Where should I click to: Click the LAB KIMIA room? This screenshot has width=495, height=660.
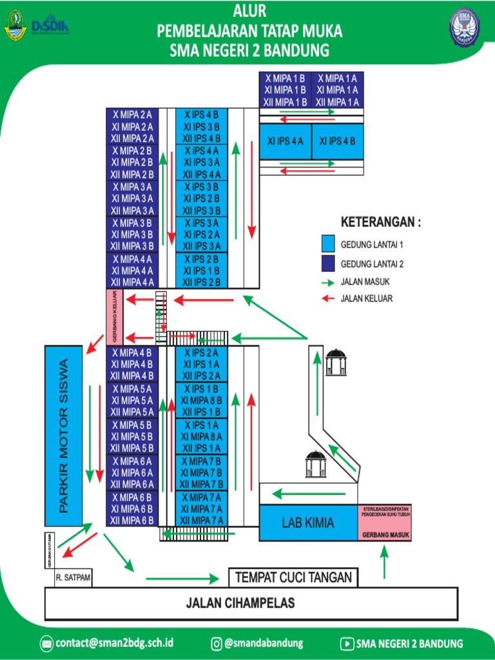tap(308, 523)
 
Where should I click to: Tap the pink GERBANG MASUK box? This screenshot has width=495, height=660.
tap(384, 523)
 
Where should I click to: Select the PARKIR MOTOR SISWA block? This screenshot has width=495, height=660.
tap(63, 436)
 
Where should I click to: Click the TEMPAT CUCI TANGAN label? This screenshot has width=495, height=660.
tap(293, 577)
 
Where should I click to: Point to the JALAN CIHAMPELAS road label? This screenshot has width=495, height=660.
tap(240, 603)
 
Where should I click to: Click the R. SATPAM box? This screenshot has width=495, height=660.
tap(73, 578)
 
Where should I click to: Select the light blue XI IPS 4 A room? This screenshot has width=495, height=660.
tap(285, 141)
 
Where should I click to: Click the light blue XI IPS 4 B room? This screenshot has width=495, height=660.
tap(337, 141)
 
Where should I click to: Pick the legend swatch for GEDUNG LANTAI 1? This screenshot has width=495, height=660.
tap(328, 245)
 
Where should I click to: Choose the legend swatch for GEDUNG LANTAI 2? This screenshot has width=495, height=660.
tap(328, 263)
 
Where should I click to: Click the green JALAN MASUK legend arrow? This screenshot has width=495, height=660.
tap(328, 282)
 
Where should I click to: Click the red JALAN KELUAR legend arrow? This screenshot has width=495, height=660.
tap(328, 298)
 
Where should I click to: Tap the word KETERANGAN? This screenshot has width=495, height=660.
tap(380, 222)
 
